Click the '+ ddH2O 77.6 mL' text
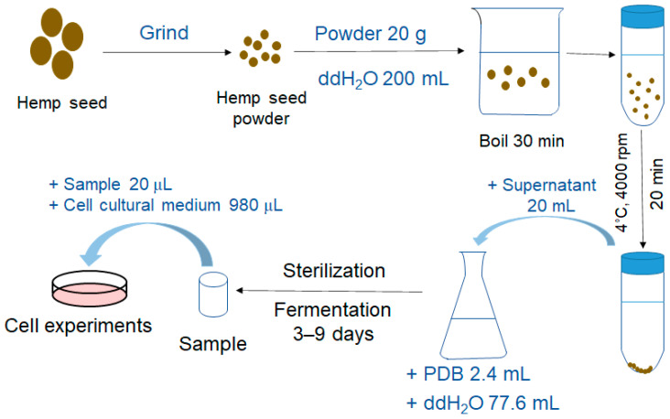[483, 403]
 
